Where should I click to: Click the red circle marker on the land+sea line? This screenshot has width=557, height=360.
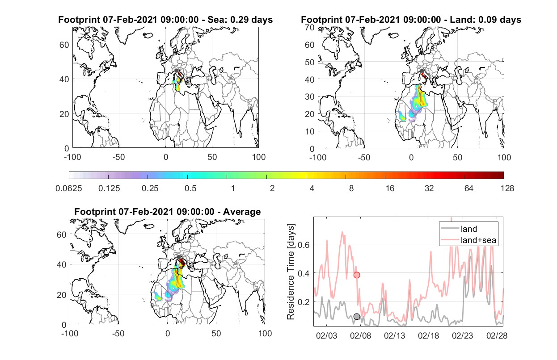click(357, 275)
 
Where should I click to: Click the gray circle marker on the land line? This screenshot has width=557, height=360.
click(357, 317)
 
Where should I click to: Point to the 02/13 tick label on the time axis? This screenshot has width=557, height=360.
click(394, 336)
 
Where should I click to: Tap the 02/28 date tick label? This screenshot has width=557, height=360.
click(497, 336)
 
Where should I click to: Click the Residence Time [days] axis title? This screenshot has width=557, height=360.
click(291, 272)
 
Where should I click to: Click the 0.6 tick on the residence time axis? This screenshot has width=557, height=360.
click(304, 245)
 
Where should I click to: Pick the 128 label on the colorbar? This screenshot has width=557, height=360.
click(507, 188)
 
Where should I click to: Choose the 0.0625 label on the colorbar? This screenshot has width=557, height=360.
click(69, 188)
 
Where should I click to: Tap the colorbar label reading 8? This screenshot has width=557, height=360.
click(351, 188)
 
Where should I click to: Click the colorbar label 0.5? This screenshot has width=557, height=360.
click(190, 188)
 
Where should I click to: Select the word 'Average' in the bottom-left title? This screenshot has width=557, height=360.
click(242, 212)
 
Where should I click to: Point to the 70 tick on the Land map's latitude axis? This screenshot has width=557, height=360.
click(310, 28)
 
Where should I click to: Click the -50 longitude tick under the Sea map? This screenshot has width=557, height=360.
click(118, 157)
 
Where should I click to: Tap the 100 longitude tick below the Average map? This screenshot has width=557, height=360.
click(265, 333)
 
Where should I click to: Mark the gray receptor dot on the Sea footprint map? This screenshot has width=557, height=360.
click(176, 71)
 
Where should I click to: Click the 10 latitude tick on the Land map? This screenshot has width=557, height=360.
click(310, 131)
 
